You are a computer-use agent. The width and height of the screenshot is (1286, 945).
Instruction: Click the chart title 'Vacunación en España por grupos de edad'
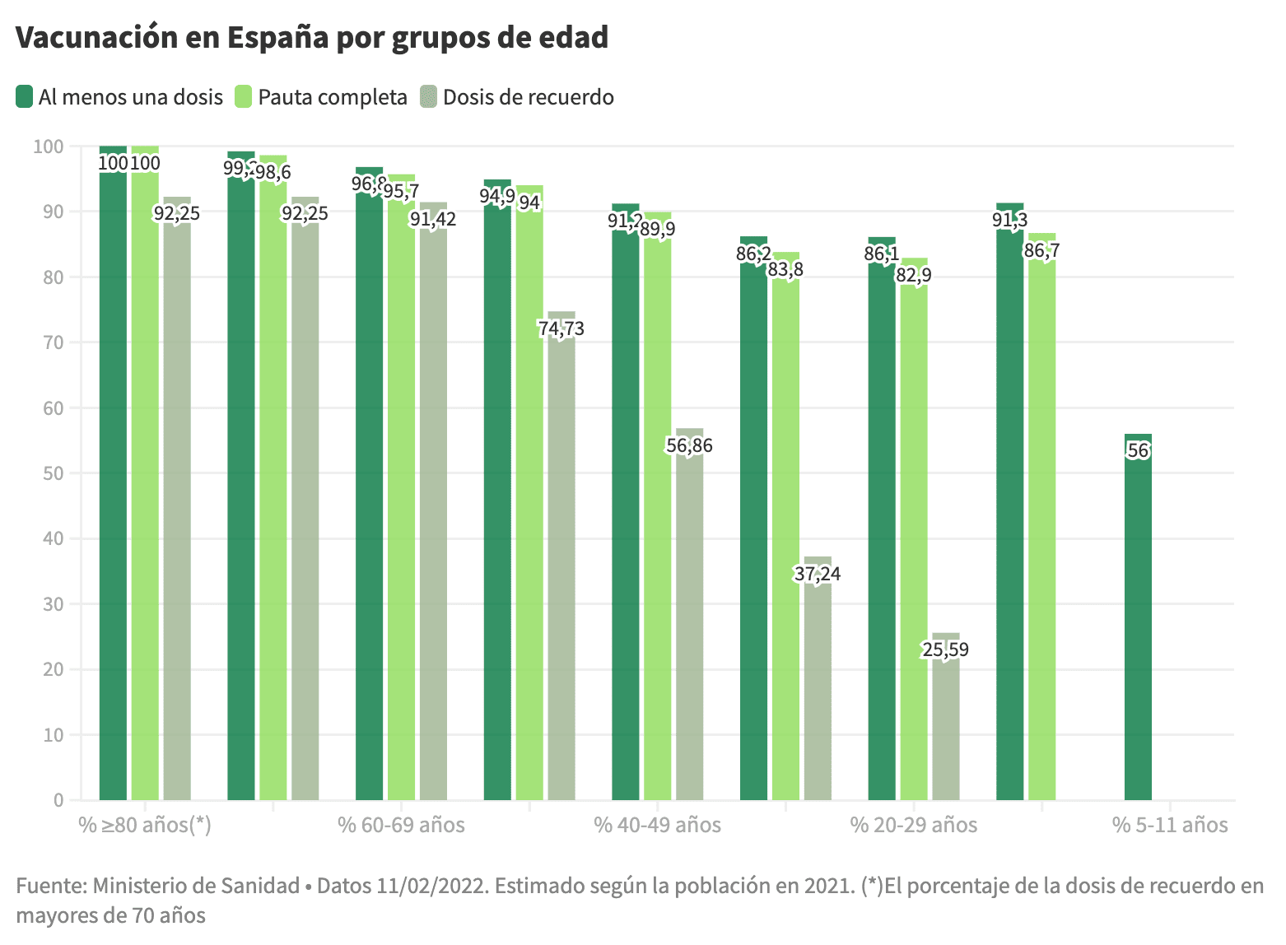(x=311, y=38)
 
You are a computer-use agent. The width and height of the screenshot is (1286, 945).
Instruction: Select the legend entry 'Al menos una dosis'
(x=119, y=97)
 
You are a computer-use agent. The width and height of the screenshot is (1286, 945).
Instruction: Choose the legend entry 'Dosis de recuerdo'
(x=517, y=97)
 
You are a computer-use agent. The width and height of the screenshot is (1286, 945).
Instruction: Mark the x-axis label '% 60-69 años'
(x=401, y=825)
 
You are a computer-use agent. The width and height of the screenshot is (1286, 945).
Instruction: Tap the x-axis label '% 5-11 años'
(x=1170, y=825)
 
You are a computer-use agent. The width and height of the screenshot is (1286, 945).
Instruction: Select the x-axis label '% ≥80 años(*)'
(x=145, y=825)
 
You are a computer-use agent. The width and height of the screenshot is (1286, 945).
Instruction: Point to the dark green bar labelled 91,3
(x=1009, y=510)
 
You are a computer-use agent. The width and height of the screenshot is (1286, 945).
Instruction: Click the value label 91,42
(x=433, y=219)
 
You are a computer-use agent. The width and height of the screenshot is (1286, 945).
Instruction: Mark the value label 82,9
(x=914, y=275)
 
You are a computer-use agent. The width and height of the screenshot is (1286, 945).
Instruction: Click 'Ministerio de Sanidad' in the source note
(x=196, y=886)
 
